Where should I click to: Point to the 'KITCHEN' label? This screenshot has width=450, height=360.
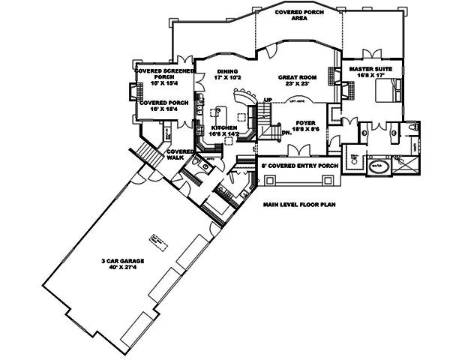click(x=224, y=129)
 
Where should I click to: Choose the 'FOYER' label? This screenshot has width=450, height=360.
click(x=304, y=121)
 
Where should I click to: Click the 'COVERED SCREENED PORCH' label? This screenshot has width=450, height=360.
click(x=163, y=73)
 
